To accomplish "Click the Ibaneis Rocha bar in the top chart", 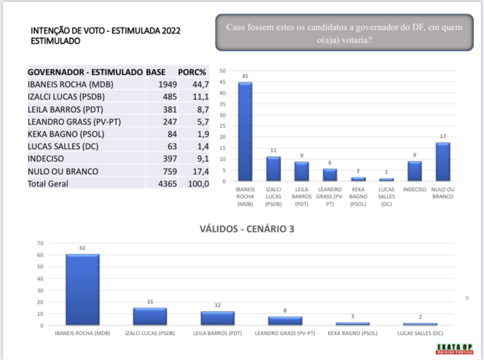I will tap(245, 131).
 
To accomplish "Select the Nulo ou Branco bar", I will tap(443, 162).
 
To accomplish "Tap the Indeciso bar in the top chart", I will tap(414, 171).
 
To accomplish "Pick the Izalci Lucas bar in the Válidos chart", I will tap(150, 316).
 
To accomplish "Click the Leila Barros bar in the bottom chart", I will tap(217, 318).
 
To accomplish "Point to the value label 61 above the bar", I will tap(82, 248).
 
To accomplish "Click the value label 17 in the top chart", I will tap(443, 137).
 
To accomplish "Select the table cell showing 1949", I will tap(157, 84).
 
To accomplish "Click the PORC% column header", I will tap(192, 72).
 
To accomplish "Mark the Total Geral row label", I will tap(48, 184).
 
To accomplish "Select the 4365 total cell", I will tap(157, 184).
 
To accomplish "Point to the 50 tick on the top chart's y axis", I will tap(223, 71).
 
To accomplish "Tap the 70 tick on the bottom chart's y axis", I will tap(40, 243).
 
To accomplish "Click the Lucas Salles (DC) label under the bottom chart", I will tap(420, 333).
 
